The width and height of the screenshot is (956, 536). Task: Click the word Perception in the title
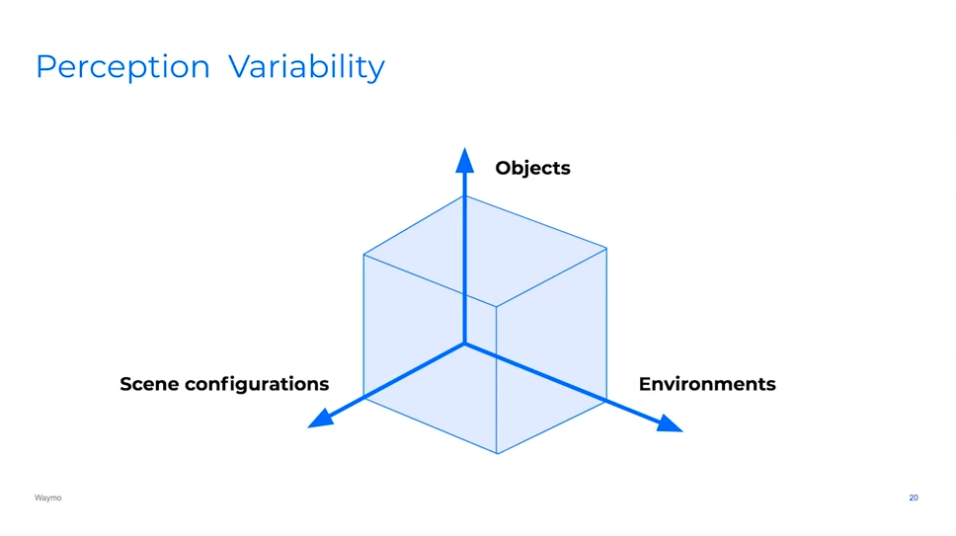pyautogui.click(x=122, y=67)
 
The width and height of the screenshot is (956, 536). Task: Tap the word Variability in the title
pyautogui.click(x=306, y=67)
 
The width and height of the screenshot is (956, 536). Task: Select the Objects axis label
pyautogui.click(x=532, y=168)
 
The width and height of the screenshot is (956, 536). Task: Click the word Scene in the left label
pyautogui.click(x=148, y=383)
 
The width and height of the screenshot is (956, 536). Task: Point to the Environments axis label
pyautogui.click(x=707, y=383)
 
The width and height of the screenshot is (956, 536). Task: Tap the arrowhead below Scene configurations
pyautogui.click(x=319, y=421)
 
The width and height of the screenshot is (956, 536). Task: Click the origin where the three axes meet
pyautogui.click(x=464, y=344)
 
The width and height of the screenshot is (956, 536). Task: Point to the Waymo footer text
pyautogui.click(x=47, y=498)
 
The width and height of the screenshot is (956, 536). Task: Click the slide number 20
pyautogui.click(x=914, y=498)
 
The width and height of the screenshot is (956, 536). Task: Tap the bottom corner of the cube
pyautogui.click(x=497, y=454)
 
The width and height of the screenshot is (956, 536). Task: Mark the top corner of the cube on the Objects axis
pyautogui.click(x=464, y=195)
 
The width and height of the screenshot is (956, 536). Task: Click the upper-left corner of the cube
pyautogui.click(x=363, y=255)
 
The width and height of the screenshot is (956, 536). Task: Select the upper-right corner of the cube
pyautogui.click(x=606, y=248)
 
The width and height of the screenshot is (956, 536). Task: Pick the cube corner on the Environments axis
pyautogui.click(x=606, y=400)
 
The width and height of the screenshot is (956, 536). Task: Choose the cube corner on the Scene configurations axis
pyautogui.click(x=363, y=398)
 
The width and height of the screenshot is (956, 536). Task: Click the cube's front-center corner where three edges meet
pyautogui.click(x=496, y=305)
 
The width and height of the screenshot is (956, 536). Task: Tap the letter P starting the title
pyautogui.click(x=44, y=67)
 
